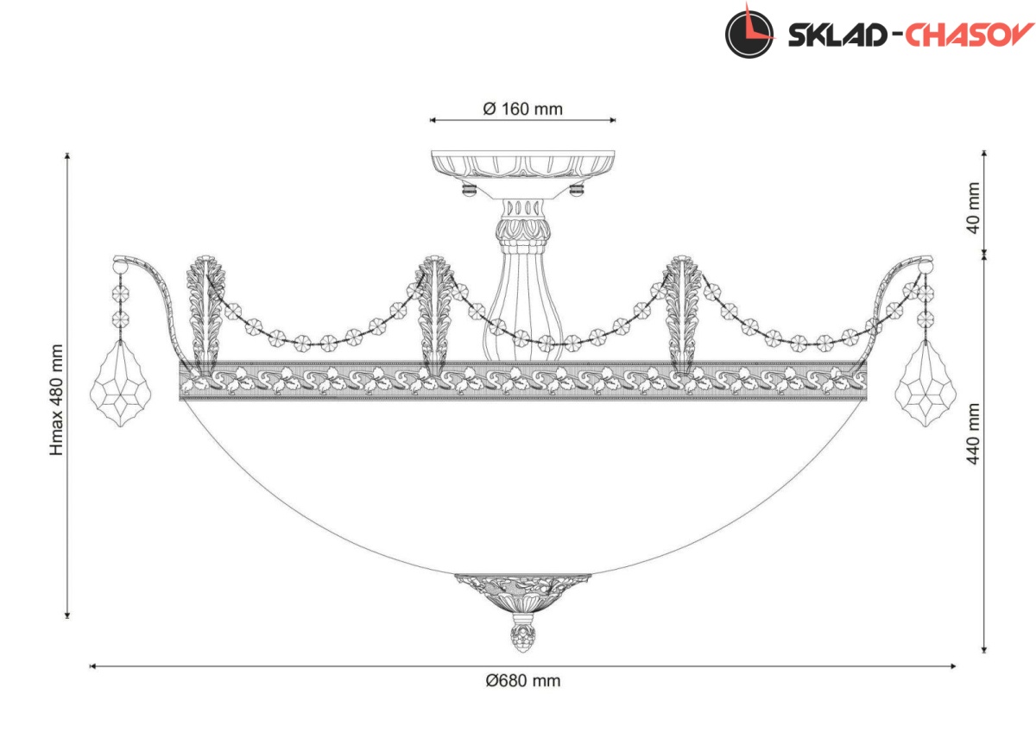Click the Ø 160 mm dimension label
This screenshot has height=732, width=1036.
tap(522, 109)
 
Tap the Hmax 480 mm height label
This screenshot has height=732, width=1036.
tap(56, 400)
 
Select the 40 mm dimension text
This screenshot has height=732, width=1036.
tap(974, 208)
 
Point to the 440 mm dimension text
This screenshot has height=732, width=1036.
tap(974, 433)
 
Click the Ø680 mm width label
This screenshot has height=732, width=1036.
tap(523, 681)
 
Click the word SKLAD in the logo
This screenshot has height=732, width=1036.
tap(837, 35)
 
